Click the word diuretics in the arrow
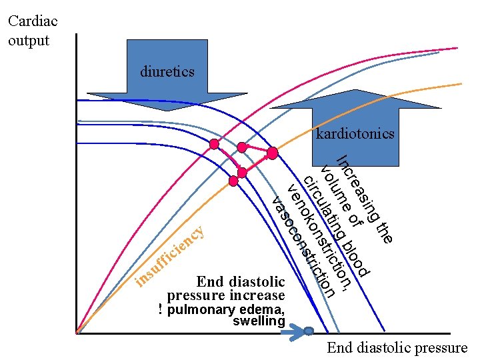coord(167,71)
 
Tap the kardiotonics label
coord(355,134)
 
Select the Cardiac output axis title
coord(33,30)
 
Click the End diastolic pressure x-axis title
coord(397,347)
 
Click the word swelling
coord(259,321)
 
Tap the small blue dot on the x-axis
coord(309,331)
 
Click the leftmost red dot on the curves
coord(214,144)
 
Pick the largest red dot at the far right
coord(272,153)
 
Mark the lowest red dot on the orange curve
coord(233,181)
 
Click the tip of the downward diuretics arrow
coord(167,109)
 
